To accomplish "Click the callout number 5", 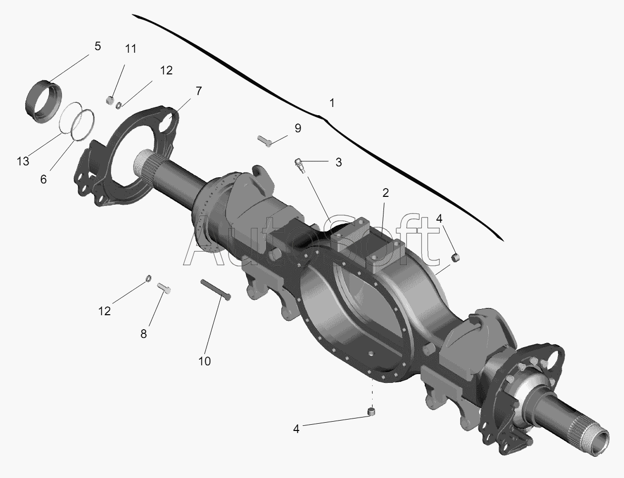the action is pyautogui.click(x=98, y=46).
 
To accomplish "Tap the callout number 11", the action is pyautogui.click(x=131, y=49).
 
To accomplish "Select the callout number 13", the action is pyautogui.click(x=23, y=161).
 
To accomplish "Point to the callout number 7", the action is pyautogui.click(x=199, y=91).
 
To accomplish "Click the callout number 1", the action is pyautogui.click(x=332, y=103).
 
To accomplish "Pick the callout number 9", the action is pyautogui.click(x=298, y=128).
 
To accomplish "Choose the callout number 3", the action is pyautogui.click(x=338, y=162).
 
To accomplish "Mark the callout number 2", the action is pyautogui.click(x=386, y=193).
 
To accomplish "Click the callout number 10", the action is pyautogui.click(x=204, y=361).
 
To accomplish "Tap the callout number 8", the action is pyautogui.click(x=143, y=334).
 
